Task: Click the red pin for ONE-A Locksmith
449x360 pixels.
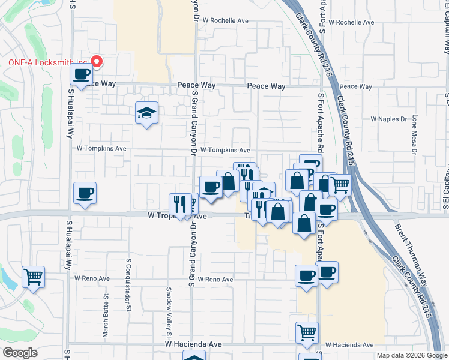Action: [x=97, y=61]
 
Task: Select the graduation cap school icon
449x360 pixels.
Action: [x=146, y=113]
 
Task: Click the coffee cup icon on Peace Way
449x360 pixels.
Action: [x=81, y=75]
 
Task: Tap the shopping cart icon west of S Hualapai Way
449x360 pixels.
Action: [x=33, y=277]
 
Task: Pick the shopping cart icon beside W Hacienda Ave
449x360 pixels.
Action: [x=307, y=332]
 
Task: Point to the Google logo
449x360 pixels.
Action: [x=20, y=352]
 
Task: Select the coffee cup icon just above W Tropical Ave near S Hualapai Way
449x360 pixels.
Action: [x=85, y=193]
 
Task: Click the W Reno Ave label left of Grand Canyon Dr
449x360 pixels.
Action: [x=92, y=278]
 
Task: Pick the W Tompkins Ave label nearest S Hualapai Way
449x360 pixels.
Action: [x=101, y=148]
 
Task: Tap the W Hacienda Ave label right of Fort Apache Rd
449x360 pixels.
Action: [x=349, y=345]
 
